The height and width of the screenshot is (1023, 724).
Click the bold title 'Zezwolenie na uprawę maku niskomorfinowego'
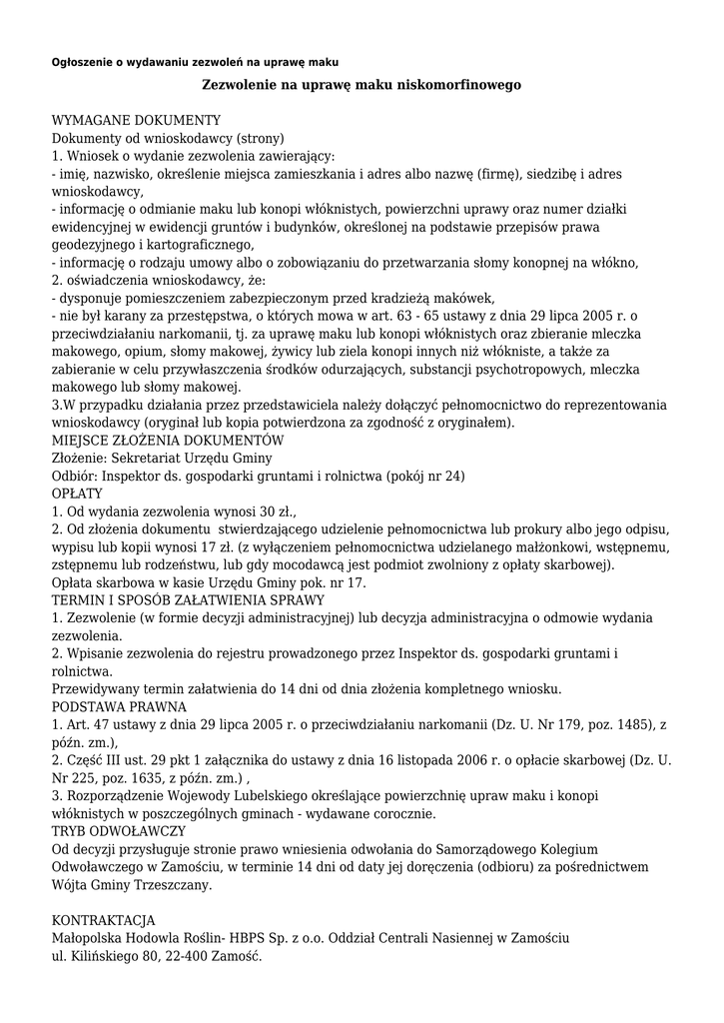point(362,86)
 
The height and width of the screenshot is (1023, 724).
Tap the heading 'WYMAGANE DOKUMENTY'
point(136,120)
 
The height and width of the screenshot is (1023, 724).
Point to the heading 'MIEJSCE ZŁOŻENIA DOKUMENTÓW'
point(168,441)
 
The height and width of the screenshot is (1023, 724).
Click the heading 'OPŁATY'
point(77,494)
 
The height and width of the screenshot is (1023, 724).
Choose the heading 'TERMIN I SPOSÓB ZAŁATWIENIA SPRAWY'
point(188,600)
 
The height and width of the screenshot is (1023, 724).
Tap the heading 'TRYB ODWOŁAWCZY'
point(119,831)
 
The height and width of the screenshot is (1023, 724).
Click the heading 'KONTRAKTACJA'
point(104,921)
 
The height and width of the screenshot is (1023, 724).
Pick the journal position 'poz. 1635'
point(143,778)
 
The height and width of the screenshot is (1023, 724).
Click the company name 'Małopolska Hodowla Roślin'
point(138,938)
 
